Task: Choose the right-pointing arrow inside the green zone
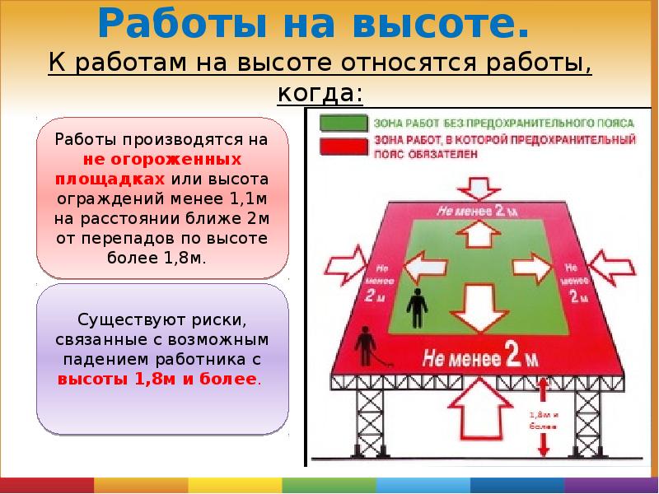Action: pyautogui.click(x=532, y=267)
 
